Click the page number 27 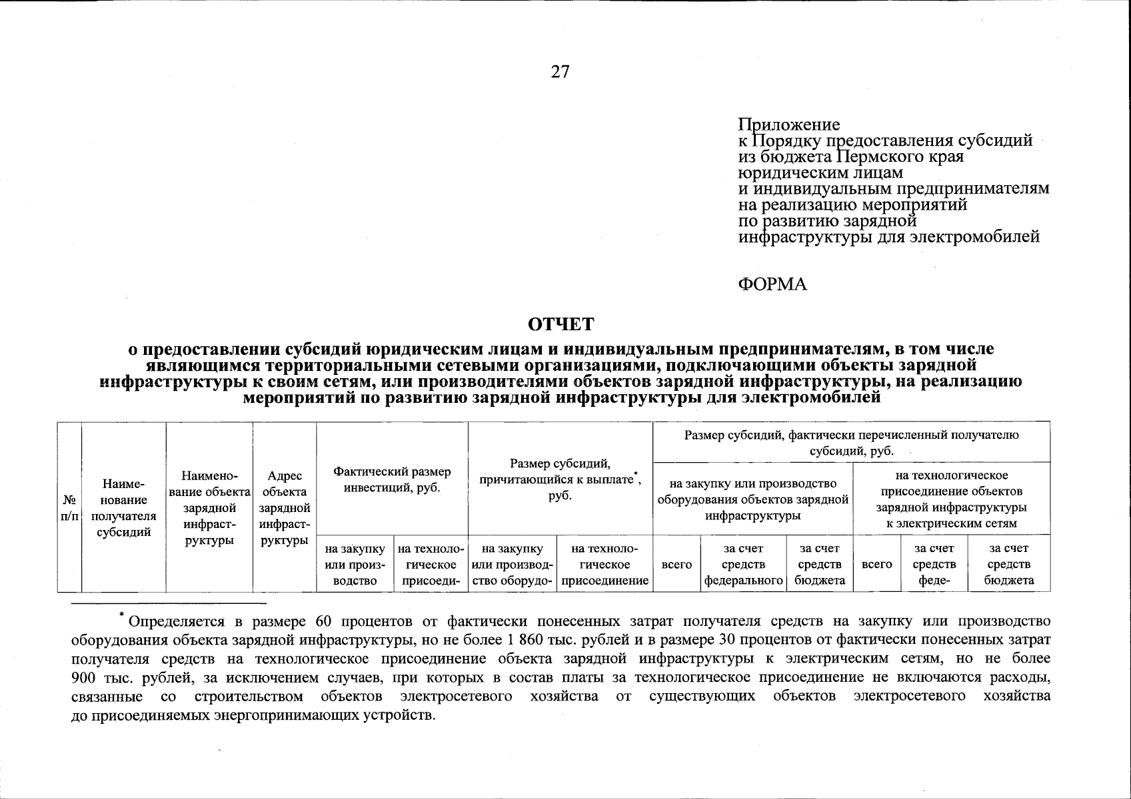(560, 72)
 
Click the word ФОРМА (772, 284)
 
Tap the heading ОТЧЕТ (560, 324)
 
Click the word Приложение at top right (788, 125)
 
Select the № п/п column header (69, 507)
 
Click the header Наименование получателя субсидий (123, 507)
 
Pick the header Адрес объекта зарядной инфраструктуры (285, 507)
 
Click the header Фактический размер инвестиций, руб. (392, 479)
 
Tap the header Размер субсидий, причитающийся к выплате (561, 479)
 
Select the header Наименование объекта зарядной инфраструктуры (209, 507)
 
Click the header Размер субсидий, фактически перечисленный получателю (851, 443)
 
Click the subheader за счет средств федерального (743, 564)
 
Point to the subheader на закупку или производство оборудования (752, 499)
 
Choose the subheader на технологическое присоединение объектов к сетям (951, 499)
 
